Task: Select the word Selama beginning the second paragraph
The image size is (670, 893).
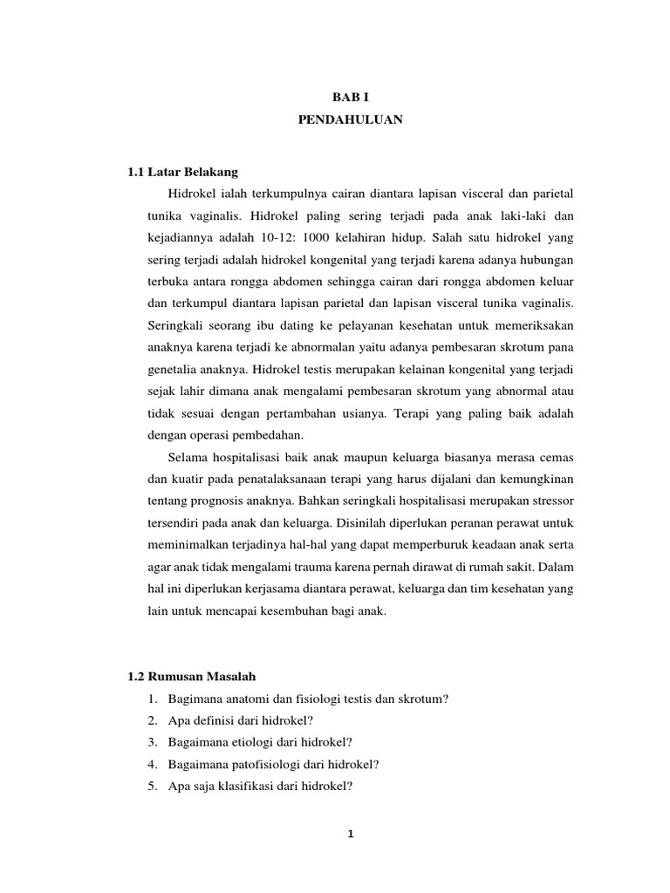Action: [187, 458]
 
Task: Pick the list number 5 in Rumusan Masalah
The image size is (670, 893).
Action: [152, 787]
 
